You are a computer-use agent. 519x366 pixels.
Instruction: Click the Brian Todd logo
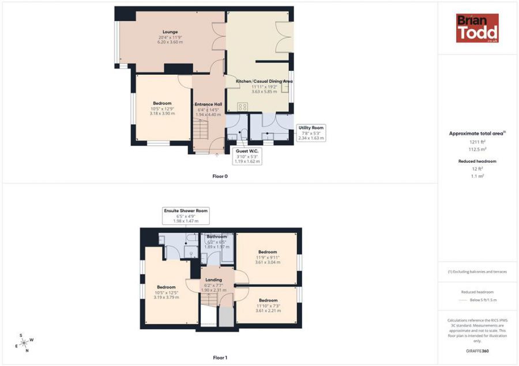coord(477,28)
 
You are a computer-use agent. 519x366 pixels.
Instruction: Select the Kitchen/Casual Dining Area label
coord(264,86)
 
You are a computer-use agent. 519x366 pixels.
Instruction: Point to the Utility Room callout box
coord(311,133)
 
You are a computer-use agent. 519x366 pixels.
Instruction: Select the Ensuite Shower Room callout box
coord(186,215)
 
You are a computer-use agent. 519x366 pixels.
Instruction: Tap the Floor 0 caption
coord(220,176)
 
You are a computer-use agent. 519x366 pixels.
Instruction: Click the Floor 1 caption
coord(220,357)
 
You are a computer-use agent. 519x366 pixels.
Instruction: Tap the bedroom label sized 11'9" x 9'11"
coord(268,257)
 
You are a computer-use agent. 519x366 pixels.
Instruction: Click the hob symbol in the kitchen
coord(243,106)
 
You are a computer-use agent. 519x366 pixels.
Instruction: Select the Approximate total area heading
coord(476,134)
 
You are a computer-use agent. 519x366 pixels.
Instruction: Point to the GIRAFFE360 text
coord(476,350)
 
